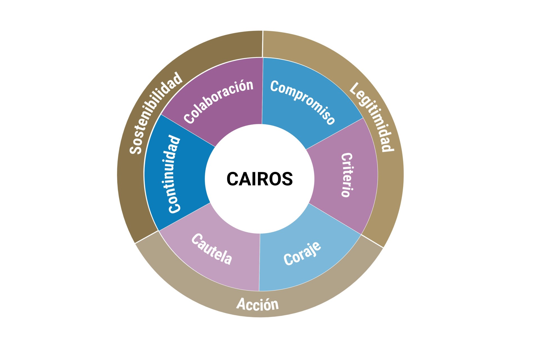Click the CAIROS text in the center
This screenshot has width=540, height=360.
tap(259, 179)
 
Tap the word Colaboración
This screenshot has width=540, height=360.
tap(219, 101)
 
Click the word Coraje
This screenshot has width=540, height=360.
tap(302, 254)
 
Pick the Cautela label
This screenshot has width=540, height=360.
tap(212, 249)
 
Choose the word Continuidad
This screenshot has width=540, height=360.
tap(174, 174)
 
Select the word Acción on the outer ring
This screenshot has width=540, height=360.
tap(258, 304)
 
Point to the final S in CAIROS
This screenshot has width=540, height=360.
tap(287, 179)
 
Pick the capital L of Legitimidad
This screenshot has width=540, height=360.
tap(354, 88)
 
